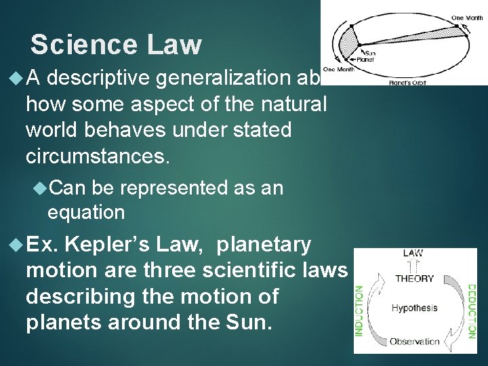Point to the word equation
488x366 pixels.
(x=86, y=212)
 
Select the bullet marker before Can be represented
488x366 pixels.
(x=39, y=187)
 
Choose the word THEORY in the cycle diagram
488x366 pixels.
(x=414, y=278)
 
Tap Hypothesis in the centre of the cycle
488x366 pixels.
(x=414, y=308)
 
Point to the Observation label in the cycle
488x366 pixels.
(x=414, y=342)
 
